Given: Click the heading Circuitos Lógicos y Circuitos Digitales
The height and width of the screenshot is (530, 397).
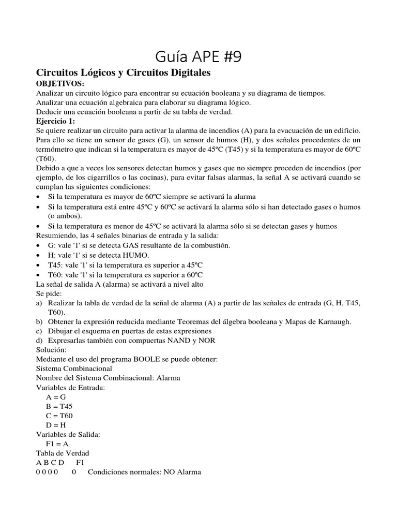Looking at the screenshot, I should (x=123, y=73).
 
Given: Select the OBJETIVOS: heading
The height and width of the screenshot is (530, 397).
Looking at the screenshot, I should (x=59, y=84).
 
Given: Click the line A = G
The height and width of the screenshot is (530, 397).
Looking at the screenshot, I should (x=56, y=397).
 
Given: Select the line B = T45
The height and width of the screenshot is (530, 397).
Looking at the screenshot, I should (x=59, y=406).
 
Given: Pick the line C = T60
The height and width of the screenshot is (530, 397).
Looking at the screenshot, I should (x=59, y=416).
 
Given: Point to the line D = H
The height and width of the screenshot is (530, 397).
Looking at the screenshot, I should (x=56, y=425).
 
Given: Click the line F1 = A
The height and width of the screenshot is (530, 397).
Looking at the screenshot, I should (x=57, y=444).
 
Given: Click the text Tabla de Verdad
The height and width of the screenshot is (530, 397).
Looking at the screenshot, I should (x=62, y=453).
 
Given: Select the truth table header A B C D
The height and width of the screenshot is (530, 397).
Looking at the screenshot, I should (x=50, y=462).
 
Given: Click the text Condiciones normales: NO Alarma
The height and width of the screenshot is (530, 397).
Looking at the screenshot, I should (x=144, y=472).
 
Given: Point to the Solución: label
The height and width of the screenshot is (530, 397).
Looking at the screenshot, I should (x=51, y=350).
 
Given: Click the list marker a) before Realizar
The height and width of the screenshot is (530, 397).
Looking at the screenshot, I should (x=39, y=303).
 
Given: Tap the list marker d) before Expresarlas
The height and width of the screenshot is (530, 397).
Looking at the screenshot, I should (x=39, y=340).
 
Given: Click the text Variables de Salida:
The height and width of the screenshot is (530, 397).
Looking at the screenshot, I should (x=68, y=434).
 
